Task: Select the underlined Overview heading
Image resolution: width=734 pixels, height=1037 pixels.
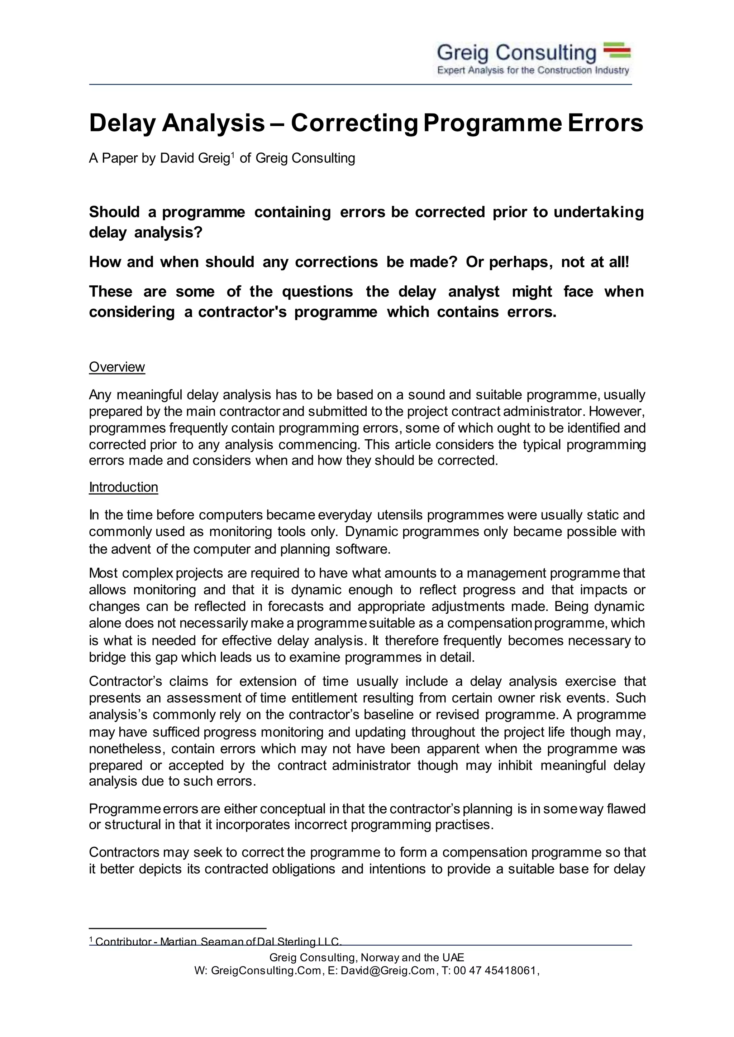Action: tap(116, 367)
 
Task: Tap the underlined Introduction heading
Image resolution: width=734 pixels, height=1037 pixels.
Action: tap(123, 487)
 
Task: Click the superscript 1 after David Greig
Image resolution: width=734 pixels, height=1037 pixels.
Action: tap(233, 155)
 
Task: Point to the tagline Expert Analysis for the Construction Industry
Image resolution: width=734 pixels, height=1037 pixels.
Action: tap(533, 71)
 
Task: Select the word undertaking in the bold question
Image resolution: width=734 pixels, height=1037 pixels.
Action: tap(599, 212)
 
